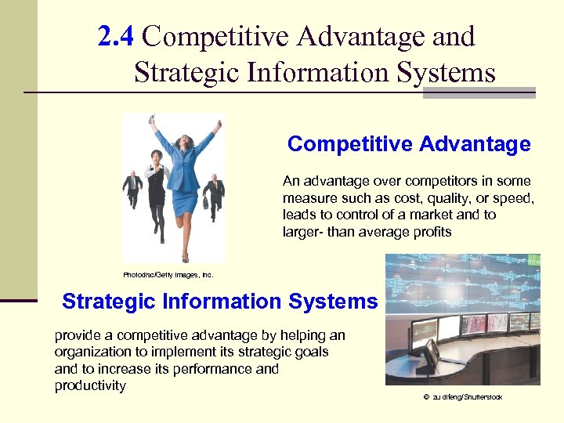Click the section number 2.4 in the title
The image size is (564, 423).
(x=118, y=36)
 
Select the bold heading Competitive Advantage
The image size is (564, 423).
(x=408, y=144)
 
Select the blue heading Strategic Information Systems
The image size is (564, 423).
(x=219, y=302)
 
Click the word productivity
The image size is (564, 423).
(x=90, y=385)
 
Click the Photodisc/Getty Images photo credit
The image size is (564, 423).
(x=168, y=275)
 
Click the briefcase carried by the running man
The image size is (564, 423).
(x=206, y=203)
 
